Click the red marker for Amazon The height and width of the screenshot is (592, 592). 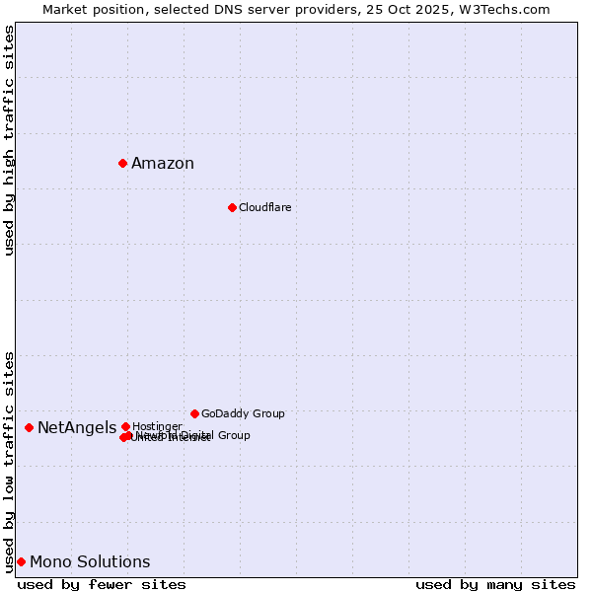coord(122,163)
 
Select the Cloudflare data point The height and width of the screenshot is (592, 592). coord(232,207)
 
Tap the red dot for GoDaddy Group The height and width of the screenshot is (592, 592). coord(194,413)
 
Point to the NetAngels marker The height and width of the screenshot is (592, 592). coord(29,427)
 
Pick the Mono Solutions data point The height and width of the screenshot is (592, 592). coord(21,561)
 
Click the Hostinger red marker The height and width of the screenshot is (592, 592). coord(125,426)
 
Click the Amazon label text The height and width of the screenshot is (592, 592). coord(163,164)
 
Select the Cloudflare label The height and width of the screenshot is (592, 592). coord(264,207)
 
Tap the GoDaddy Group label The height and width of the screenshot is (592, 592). coord(243,413)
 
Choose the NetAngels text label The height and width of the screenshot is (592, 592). coord(77,427)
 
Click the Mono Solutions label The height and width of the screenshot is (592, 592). coord(90,562)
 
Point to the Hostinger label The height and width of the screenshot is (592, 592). coord(157,426)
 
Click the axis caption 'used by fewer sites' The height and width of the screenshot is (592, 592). coord(102,585)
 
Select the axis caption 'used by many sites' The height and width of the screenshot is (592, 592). coord(495,585)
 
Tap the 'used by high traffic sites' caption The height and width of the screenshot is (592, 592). coord(10,140)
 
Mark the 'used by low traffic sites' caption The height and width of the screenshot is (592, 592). coord(10,462)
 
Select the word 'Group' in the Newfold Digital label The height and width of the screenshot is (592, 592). coord(234,435)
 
